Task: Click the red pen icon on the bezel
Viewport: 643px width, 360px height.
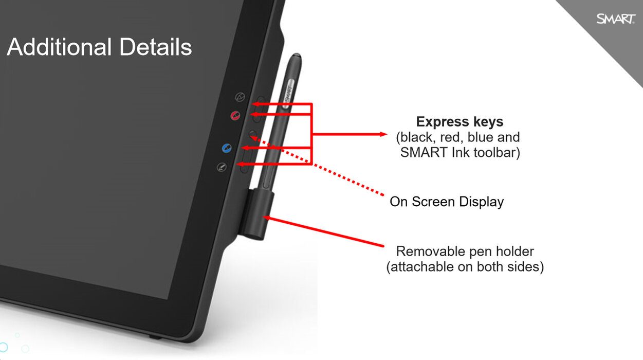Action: point(235,116)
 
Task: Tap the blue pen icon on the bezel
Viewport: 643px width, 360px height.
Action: point(227,148)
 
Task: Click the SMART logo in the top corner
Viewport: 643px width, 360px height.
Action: point(616,19)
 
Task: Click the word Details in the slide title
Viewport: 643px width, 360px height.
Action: point(156,47)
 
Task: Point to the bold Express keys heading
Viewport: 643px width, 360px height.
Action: point(460,122)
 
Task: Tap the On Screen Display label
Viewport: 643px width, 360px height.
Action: point(447,202)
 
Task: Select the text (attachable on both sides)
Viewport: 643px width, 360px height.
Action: point(465,267)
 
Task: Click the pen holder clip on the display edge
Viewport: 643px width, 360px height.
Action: point(256,214)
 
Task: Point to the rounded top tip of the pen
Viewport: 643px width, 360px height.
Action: point(296,56)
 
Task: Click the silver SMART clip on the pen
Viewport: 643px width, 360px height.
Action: point(288,94)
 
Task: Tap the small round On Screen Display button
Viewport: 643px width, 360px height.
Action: point(252,134)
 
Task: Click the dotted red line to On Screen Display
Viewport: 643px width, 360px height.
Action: point(317,166)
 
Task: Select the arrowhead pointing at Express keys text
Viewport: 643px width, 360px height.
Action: point(383,134)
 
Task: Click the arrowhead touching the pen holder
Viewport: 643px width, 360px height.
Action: point(266,218)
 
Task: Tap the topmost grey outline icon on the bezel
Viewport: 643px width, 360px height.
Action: point(240,97)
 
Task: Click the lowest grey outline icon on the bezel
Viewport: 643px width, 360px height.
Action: point(222,167)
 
